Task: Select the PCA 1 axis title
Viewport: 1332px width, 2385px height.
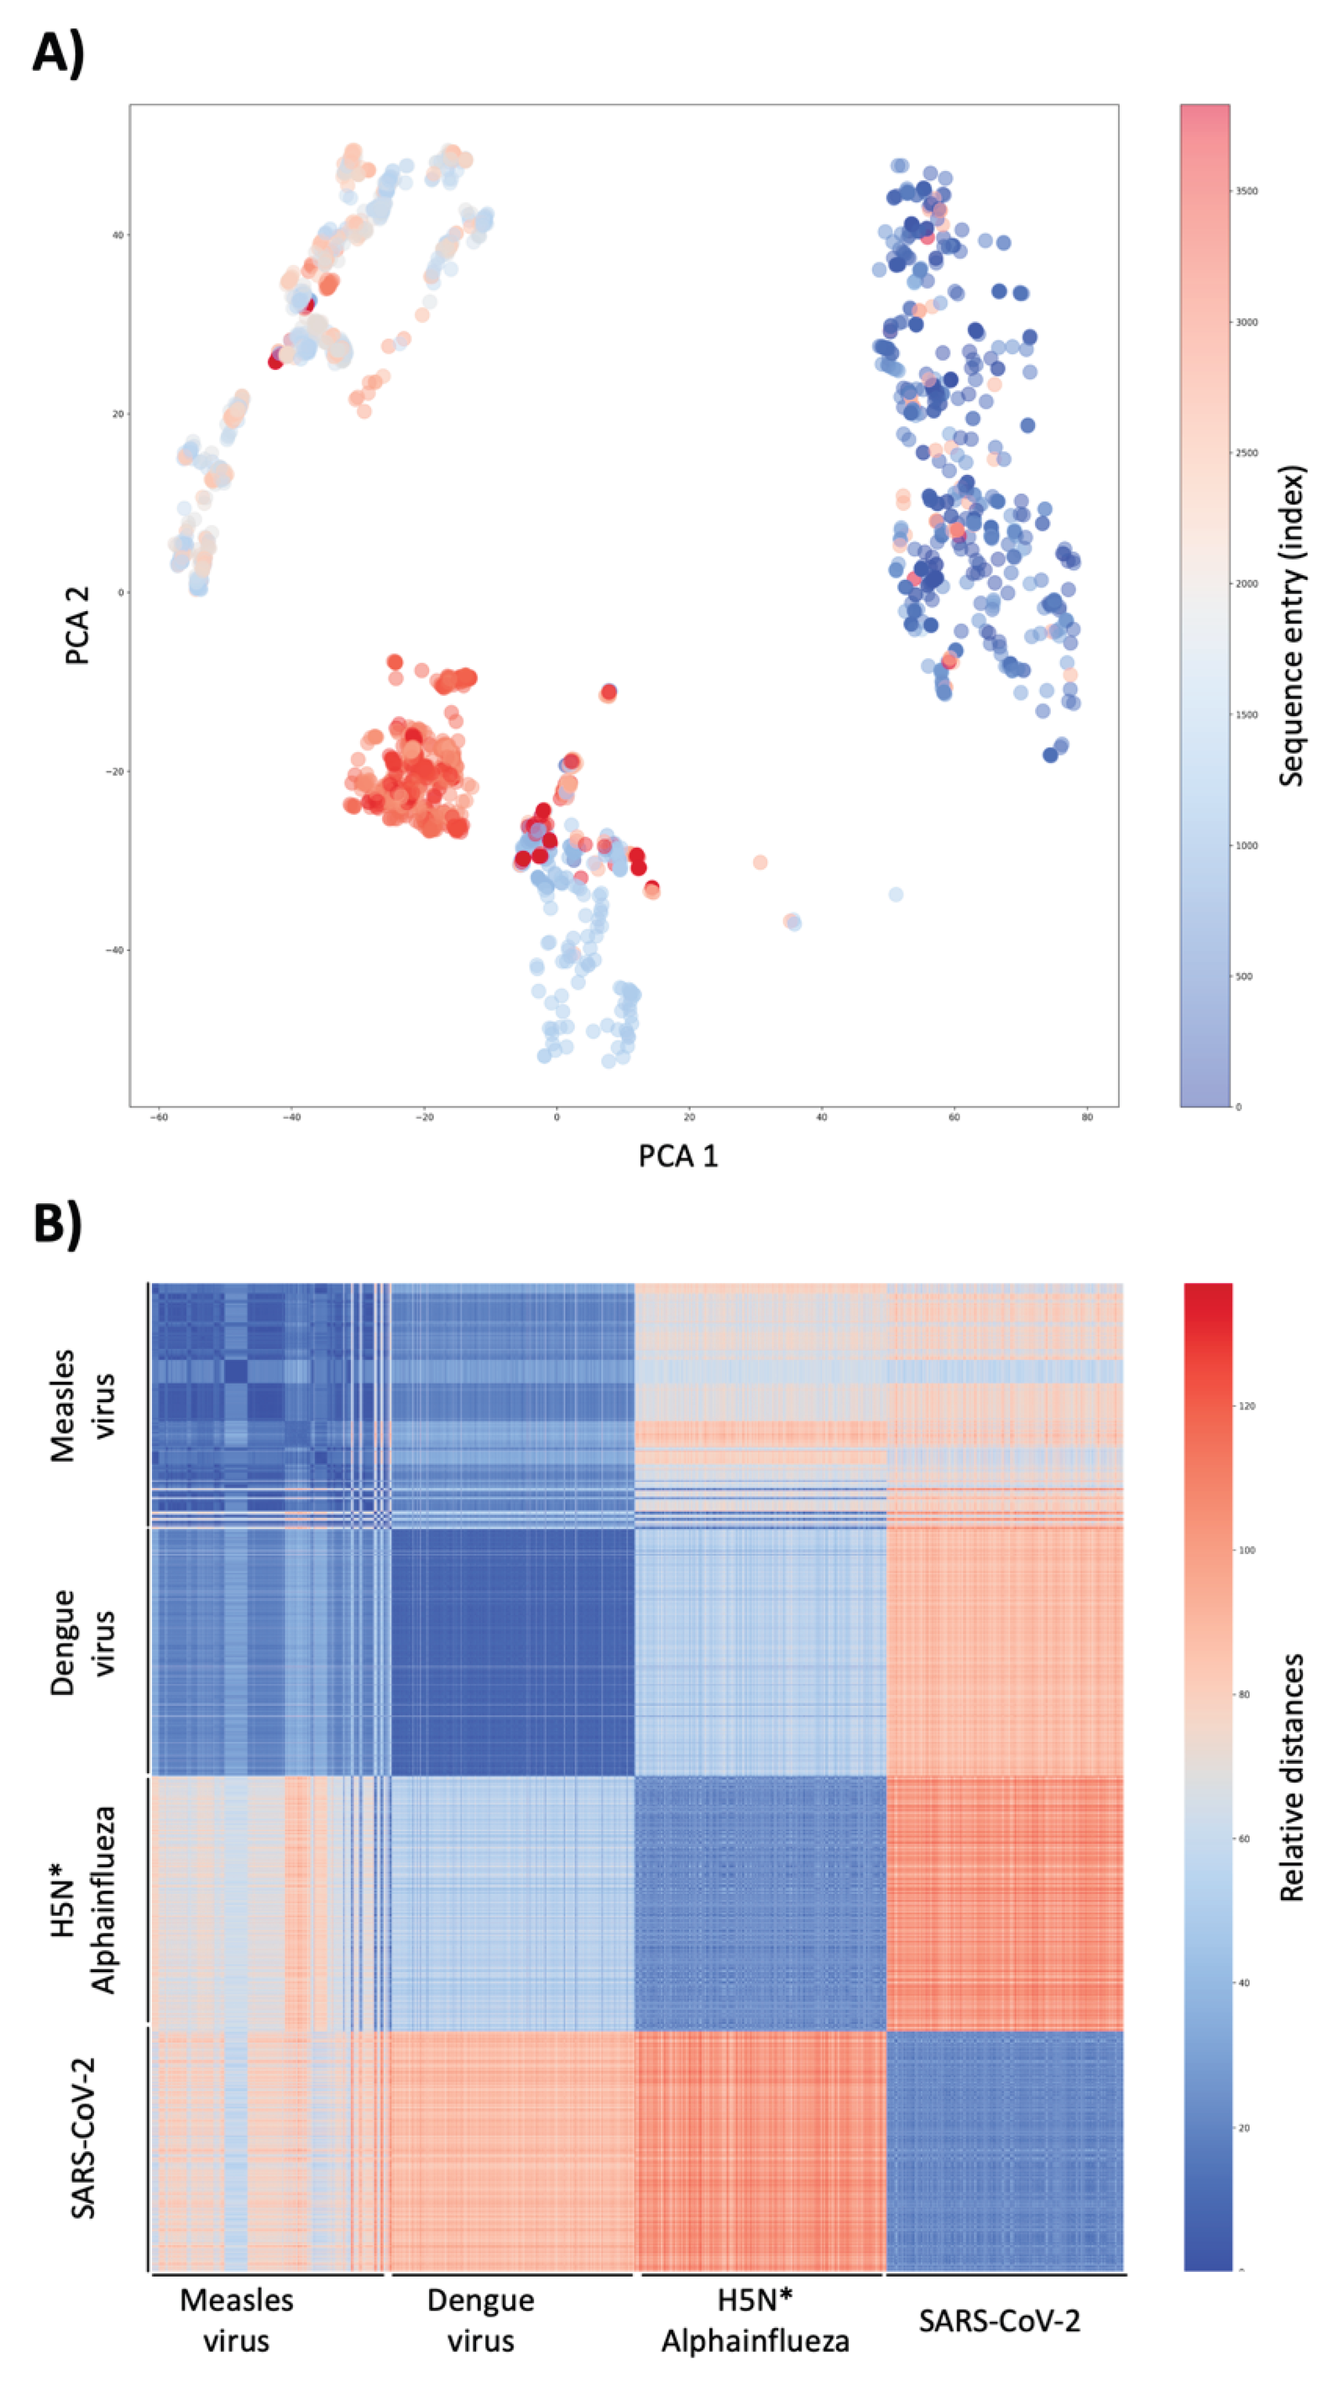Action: point(677,1156)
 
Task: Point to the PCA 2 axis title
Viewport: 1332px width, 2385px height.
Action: point(78,625)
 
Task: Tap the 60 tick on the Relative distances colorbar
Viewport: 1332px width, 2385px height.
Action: point(1246,1839)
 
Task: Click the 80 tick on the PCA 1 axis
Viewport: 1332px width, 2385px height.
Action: point(1087,1117)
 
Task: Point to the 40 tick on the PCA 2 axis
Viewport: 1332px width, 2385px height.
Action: point(118,235)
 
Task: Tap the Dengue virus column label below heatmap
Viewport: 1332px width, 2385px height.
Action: point(480,2319)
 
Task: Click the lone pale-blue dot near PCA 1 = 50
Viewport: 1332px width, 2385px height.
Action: point(895,894)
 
